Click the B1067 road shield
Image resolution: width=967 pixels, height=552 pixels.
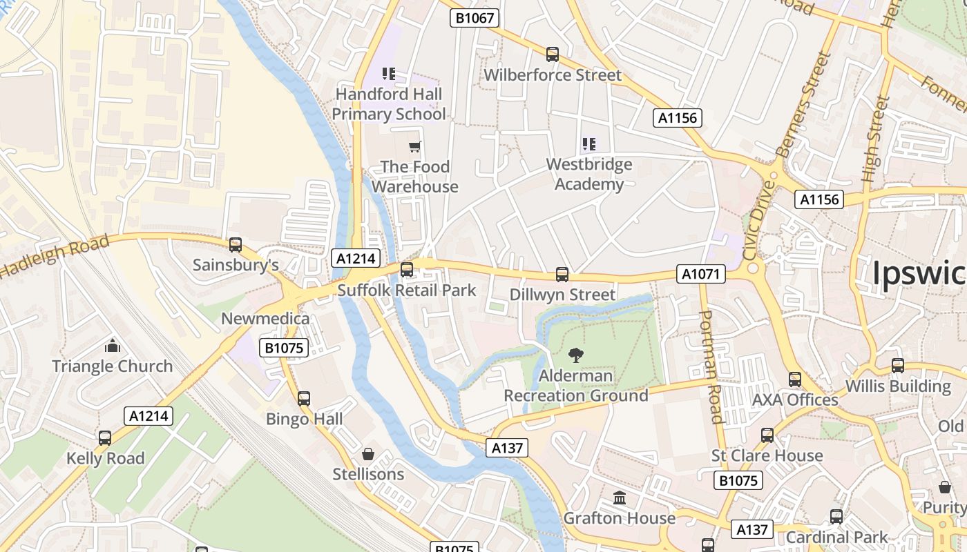click(x=475, y=18)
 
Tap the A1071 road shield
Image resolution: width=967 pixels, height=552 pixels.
click(x=701, y=274)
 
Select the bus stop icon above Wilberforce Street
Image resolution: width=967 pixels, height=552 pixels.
click(x=552, y=55)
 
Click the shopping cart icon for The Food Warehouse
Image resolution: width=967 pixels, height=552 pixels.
click(x=414, y=146)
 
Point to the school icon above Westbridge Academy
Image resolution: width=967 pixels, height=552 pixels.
click(x=588, y=144)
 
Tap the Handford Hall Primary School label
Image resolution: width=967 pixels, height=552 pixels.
click(x=389, y=103)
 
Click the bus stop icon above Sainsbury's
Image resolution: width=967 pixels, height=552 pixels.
click(x=236, y=245)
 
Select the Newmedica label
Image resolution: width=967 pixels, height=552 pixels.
click(x=265, y=318)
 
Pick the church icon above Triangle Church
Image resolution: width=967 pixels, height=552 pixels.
click(x=112, y=346)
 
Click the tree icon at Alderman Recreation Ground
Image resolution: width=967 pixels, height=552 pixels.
click(x=575, y=355)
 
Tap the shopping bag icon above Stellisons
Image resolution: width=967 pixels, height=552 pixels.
click(x=368, y=454)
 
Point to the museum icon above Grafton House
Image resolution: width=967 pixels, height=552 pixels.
click(x=620, y=497)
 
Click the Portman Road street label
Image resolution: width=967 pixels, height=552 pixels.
click(x=711, y=366)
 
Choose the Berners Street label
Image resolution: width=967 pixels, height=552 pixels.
click(x=802, y=105)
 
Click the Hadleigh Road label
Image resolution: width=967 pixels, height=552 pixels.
click(x=54, y=256)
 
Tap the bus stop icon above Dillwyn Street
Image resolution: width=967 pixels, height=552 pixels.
click(x=562, y=275)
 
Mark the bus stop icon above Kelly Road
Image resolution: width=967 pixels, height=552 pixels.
click(x=105, y=438)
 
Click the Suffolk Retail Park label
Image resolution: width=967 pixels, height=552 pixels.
click(x=406, y=290)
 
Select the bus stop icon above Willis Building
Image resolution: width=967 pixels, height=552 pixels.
click(x=898, y=366)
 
